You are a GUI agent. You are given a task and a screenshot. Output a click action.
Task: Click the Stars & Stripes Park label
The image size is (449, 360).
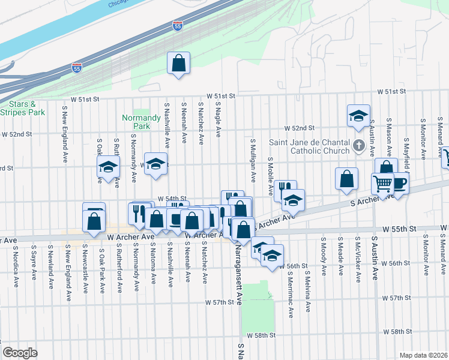[x=23, y=108]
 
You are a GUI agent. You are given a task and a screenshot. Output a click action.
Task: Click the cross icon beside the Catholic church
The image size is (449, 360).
[x=359, y=145]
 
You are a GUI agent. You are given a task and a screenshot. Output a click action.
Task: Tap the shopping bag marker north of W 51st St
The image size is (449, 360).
[x=179, y=63]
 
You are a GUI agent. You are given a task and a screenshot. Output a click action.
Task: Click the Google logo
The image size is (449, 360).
[x=20, y=352]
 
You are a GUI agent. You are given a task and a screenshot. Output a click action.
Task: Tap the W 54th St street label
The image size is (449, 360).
[x=173, y=198]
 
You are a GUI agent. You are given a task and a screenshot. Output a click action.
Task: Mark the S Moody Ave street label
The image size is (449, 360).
[x=324, y=256]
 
